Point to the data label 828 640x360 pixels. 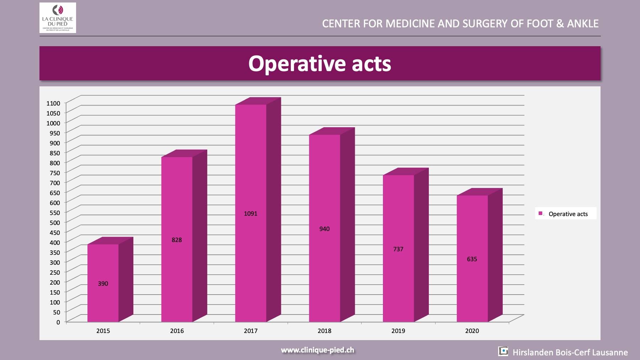(177, 240)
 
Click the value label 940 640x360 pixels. (324, 229)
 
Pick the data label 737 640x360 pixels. (398, 249)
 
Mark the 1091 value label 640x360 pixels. (251, 214)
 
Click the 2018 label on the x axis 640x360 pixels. (324, 331)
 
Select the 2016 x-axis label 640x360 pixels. (177, 331)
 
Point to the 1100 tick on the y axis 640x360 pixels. (53, 103)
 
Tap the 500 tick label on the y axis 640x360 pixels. (55, 222)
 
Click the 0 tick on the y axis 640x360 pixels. (58, 322)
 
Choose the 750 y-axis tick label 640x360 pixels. (55, 173)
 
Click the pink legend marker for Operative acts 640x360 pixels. (540, 214)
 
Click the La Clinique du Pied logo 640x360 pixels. (58, 18)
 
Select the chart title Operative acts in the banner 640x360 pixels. (320, 64)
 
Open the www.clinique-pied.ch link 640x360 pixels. (318, 350)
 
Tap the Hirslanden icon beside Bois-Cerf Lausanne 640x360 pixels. (503, 351)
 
